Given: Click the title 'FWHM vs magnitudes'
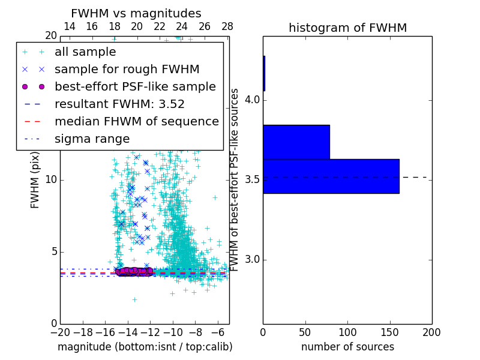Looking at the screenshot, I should click(x=136, y=13).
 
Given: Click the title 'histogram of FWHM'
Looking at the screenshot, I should click(x=347, y=28).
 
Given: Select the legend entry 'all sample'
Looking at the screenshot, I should click(x=85, y=52).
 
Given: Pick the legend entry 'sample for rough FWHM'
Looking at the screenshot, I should click(x=127, y=70).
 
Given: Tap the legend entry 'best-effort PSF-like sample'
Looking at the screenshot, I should click(x=135, y=87).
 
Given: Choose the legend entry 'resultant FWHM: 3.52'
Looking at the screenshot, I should click(x=119, y=104).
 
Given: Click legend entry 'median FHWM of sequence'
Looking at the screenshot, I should click(x=136, y=122).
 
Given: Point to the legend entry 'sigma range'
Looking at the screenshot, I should click(x=92, y=139).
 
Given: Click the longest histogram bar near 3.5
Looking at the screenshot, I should click(x=331, y=176).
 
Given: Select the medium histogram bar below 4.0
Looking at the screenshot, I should click(x=296, y=142).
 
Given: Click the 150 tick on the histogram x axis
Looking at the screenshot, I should click(x=389, y=332).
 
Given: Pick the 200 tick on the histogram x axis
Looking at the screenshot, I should click(x=431, y=332).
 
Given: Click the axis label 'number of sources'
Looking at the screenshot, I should click(x=347, y=347).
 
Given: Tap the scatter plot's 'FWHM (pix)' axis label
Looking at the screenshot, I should click(x=35, y=180).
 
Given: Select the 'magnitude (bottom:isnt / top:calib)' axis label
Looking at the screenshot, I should click(x=145, y=347).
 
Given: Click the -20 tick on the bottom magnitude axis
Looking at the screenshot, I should click(x=60, y=332).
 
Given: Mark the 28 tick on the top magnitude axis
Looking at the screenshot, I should click(x=227, y=26).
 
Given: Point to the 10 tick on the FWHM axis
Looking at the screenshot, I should click(x=51, y=180).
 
